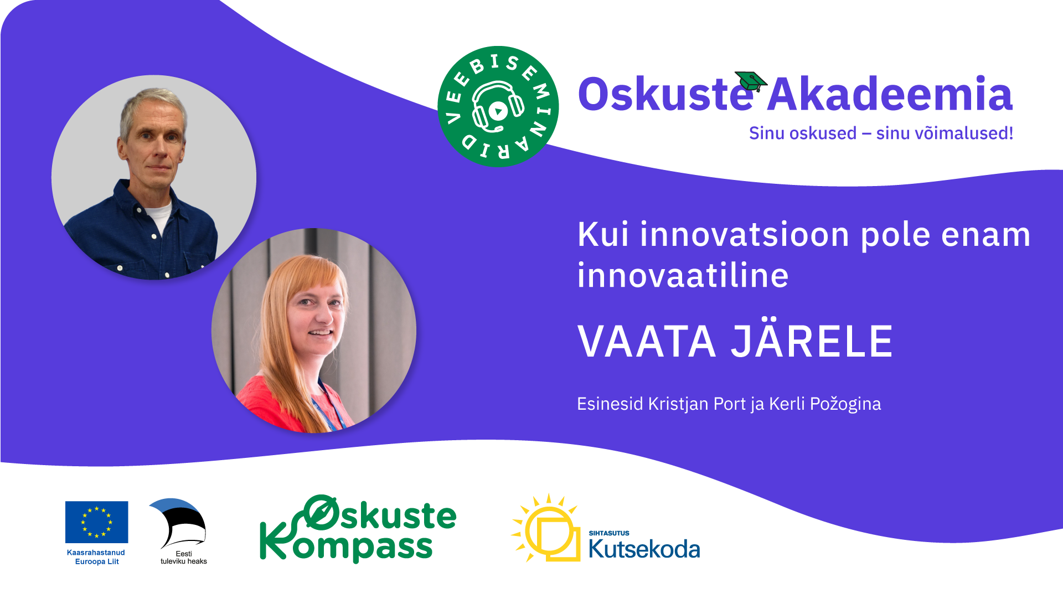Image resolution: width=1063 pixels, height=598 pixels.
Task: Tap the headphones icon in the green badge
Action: coord(498,106)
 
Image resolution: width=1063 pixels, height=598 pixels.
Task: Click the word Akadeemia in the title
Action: coord(890,94)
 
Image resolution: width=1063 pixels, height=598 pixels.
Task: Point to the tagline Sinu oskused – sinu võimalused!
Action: coord(881,133)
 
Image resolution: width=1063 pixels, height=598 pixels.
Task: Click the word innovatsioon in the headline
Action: coord(745,234)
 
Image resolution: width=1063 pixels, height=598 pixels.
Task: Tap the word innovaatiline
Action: coord(683,275)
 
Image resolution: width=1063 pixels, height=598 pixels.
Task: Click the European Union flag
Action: coord(96,522)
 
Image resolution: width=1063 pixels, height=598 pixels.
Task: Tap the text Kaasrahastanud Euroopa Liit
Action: coord(96,557)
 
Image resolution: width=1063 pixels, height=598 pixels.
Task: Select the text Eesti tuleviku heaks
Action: coord(184,558)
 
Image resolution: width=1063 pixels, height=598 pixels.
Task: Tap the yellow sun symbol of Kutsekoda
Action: coord(545,528)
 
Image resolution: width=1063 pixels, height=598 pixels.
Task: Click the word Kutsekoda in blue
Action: coord(644,549)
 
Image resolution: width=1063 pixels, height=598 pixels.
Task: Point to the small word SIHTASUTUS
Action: coord(609,533)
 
